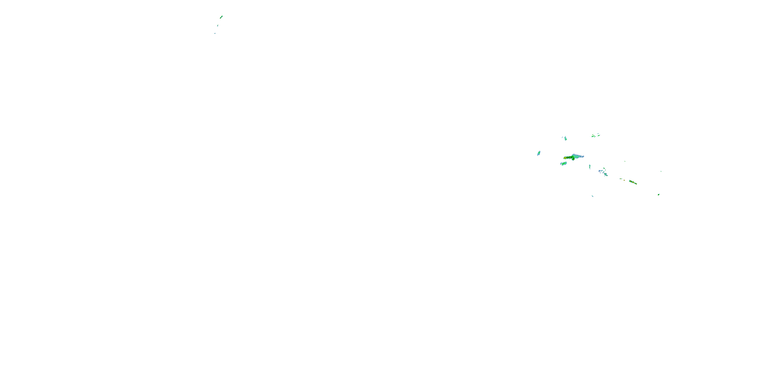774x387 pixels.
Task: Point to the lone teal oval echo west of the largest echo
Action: coord(539,153)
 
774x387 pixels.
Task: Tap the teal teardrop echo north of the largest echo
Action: coord(566,138)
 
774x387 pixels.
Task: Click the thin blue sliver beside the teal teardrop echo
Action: coord(562,137)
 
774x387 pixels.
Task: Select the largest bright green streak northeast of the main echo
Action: coord(593,136)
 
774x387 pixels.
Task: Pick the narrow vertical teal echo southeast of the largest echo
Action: coord(590,166)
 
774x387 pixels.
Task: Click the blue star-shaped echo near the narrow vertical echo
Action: coord(600,172)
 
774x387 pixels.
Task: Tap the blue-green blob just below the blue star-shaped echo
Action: coord(606,175)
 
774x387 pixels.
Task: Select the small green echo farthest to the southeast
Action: coord(659,195)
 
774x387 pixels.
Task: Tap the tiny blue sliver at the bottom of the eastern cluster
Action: coord(593,196)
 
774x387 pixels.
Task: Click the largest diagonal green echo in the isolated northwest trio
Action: coord(221,17)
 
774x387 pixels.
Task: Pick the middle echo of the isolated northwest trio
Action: coord(218,26)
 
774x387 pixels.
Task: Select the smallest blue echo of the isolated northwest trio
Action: coord(215,33)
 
